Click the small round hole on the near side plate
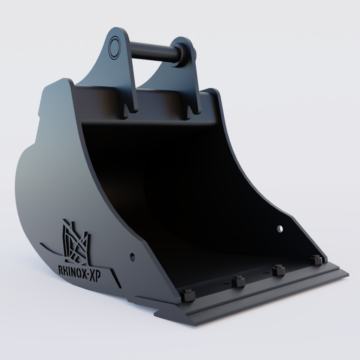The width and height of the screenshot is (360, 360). coord(133,257)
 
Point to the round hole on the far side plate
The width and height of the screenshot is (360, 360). coord(280,229)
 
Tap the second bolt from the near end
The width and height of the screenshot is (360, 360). coord(238,281)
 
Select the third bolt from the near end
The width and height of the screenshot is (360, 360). coord(279,270)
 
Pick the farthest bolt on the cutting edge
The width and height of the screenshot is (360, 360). coord(316,260)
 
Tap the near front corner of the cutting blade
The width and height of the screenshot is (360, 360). coord(193,322)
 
